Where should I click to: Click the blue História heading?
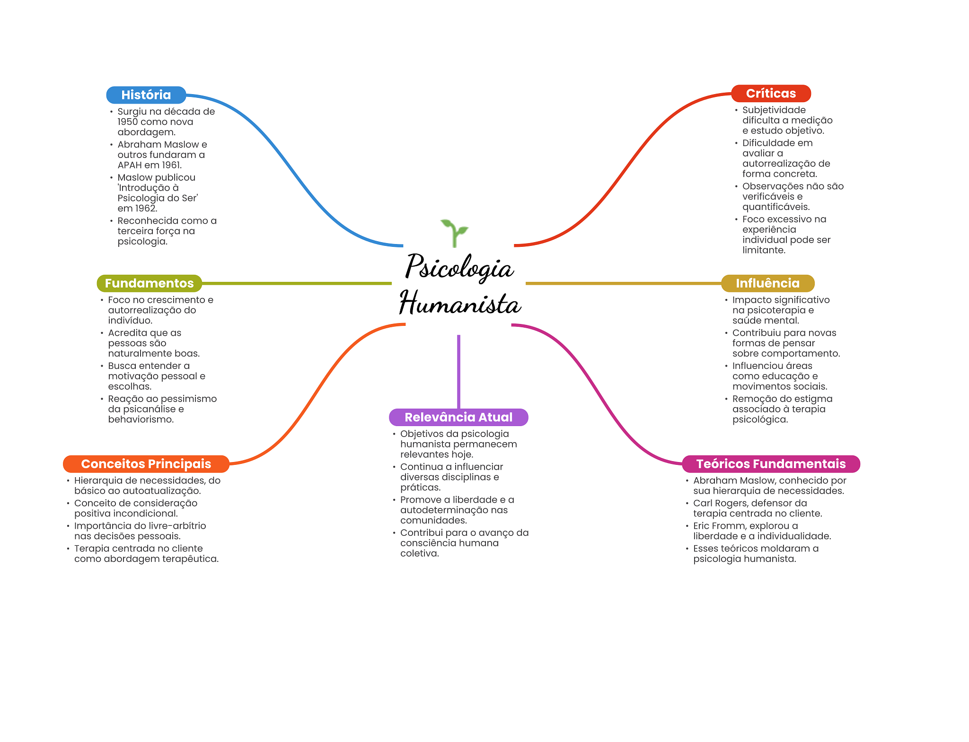(146, 95)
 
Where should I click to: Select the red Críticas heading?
(771, 94)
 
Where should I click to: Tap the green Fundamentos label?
(149, 283)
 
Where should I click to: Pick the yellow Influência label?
(767, 283)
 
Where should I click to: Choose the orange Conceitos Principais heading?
(146, 464)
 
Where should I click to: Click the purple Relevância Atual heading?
(458, 417)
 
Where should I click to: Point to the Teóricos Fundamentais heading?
(771, 464)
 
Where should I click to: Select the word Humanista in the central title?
(460, 304)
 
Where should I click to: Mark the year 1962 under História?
(145, 209)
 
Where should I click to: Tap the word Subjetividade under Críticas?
(774, 110)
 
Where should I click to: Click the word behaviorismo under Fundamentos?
(141, 419)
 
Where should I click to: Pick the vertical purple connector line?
(458, 371)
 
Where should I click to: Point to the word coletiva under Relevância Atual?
(419, 553)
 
